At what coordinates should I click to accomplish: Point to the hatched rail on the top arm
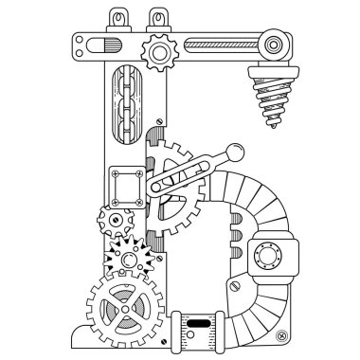coord(223,44)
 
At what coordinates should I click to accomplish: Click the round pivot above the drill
coord(276,43)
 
